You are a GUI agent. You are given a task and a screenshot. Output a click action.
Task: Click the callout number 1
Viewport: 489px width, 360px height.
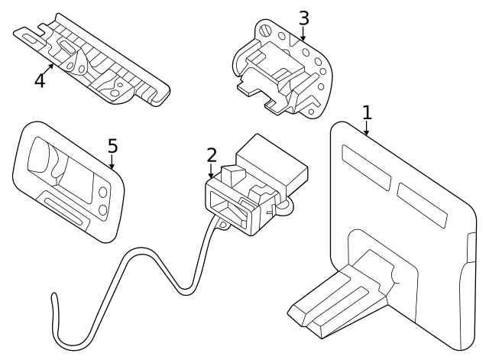(x=367, y=112)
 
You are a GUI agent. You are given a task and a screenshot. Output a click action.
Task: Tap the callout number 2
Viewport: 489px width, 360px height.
(x=212, y=155)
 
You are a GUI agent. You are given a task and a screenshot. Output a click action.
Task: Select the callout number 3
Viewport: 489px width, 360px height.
(x=303, y=17)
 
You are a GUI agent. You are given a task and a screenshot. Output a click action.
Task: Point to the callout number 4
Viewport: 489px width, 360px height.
(x=40, y=79)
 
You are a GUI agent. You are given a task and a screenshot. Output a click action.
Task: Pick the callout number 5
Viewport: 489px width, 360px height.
(x=112, y=145)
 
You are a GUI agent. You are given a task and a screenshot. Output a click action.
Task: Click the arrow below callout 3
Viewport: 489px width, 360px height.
(x=303, y=34)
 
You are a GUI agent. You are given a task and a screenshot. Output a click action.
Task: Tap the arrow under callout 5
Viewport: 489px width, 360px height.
(x=112, y=162)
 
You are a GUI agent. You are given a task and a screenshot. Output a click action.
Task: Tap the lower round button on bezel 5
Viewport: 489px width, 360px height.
(x=101, y=210)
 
